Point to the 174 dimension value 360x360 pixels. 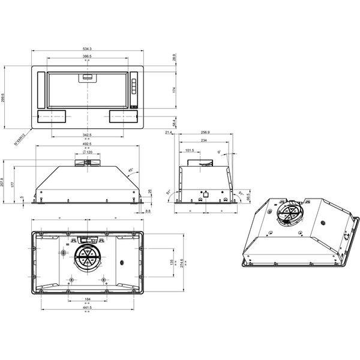[174, 89]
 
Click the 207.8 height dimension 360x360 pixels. [4, 182]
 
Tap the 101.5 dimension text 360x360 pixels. [189, 151]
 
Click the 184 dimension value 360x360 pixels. [87, 299]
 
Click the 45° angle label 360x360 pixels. [130, 169]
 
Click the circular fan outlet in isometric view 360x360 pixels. [288, 214]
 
